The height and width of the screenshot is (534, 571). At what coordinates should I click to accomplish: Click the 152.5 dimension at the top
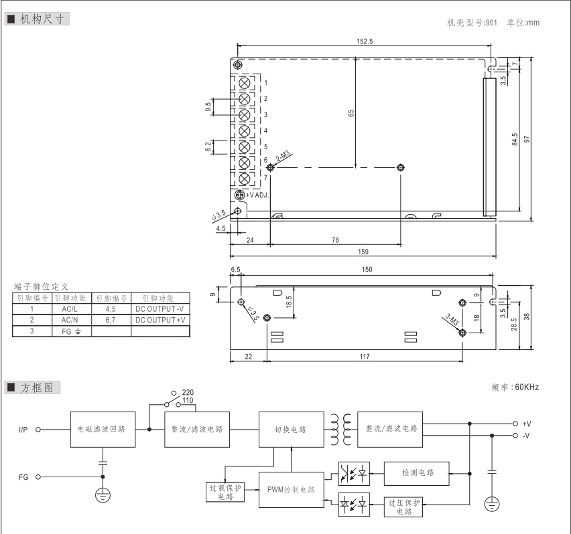click(x=365, y=41)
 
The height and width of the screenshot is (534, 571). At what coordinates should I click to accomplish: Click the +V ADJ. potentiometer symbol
click(x=239, y=194)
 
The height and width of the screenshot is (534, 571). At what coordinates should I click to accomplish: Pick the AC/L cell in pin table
click(x=71, y=310)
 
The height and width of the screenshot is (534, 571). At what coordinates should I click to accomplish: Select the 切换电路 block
click(x=290, y=429)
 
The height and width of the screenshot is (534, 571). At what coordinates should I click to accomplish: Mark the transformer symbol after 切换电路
click(x=339, y=429)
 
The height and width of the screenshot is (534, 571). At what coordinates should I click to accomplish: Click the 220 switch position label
click(x=188, y=392)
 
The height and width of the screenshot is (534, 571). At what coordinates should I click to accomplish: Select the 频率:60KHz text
click(x=515, y=387)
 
